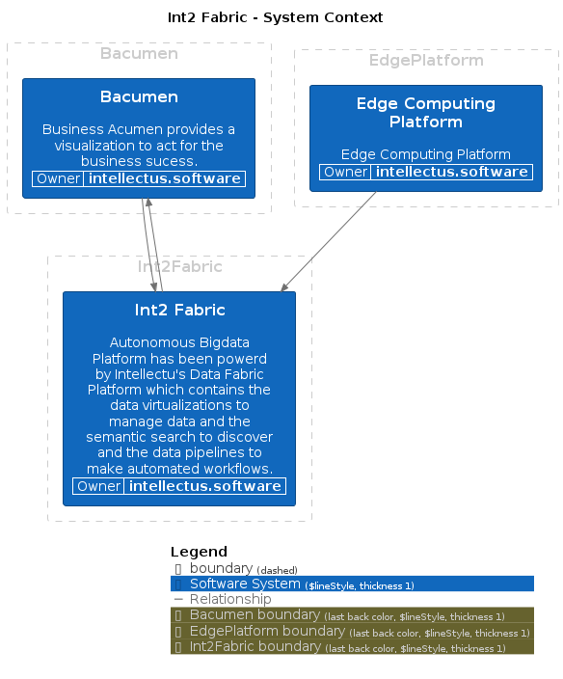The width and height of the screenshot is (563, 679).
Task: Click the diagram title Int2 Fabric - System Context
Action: [x=275, y=17]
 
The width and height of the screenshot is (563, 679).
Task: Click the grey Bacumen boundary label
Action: [x=139, y=54]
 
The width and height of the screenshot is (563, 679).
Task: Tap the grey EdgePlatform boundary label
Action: [x=426, y=60]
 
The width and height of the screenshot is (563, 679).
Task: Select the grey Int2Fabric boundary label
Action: [x=179, y=266]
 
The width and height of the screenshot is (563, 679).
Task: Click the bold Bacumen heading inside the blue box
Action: [x=139, y=96]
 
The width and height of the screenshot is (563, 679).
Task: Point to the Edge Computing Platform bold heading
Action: [x=426, y=113]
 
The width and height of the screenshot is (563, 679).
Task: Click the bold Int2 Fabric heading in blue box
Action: [x=179, y=310]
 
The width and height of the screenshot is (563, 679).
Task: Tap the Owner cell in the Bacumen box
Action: [x=58, y=178]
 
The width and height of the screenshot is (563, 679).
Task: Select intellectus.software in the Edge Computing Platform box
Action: [x=451, y=172]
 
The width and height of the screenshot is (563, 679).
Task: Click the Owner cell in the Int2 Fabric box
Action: [x=98, y=486]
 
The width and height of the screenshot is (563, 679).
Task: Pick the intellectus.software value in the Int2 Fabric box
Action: [x=204, y=486]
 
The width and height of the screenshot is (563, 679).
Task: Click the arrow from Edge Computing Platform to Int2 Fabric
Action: [x=329, y=242]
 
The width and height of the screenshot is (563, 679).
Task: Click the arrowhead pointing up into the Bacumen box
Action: [x=148, y=203]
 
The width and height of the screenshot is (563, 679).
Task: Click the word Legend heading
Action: [x=199, y=552]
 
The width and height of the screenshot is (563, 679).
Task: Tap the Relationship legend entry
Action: [x=230, y=599]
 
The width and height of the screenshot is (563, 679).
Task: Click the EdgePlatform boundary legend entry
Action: [x=352, y=632]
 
